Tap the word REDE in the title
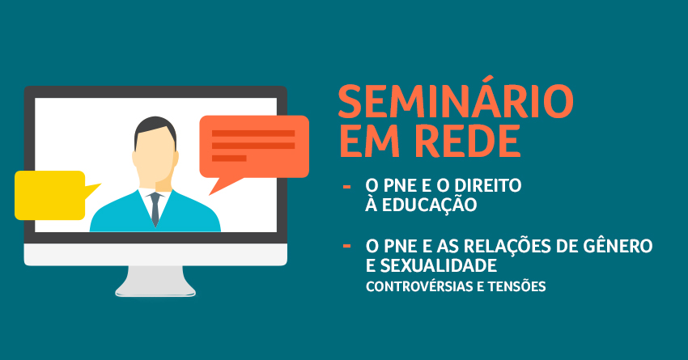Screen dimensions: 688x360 click(x=468, y=142)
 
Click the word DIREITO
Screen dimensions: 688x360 click(x=487, y=185)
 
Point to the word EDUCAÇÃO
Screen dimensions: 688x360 click(x=429, y=205)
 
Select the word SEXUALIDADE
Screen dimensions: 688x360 click(x=439, y=265)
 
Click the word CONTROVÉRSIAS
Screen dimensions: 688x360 click(x=418, y=286)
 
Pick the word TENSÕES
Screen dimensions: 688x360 click(x=517, y=286)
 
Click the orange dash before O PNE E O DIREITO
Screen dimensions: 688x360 click(x=346, y=187)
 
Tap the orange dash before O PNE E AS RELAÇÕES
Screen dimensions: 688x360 click(x=346, y=246)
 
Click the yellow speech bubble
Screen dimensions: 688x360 click(x=50, y=196)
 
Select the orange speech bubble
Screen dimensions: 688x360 click(x=254, y=146)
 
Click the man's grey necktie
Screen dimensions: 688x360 click(x=155, y=209)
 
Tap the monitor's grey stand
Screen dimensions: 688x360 click(x=155, y=282)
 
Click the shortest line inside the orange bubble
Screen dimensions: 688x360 click(x=229, y=159)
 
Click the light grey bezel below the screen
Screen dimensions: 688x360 click(x=155, y=254)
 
